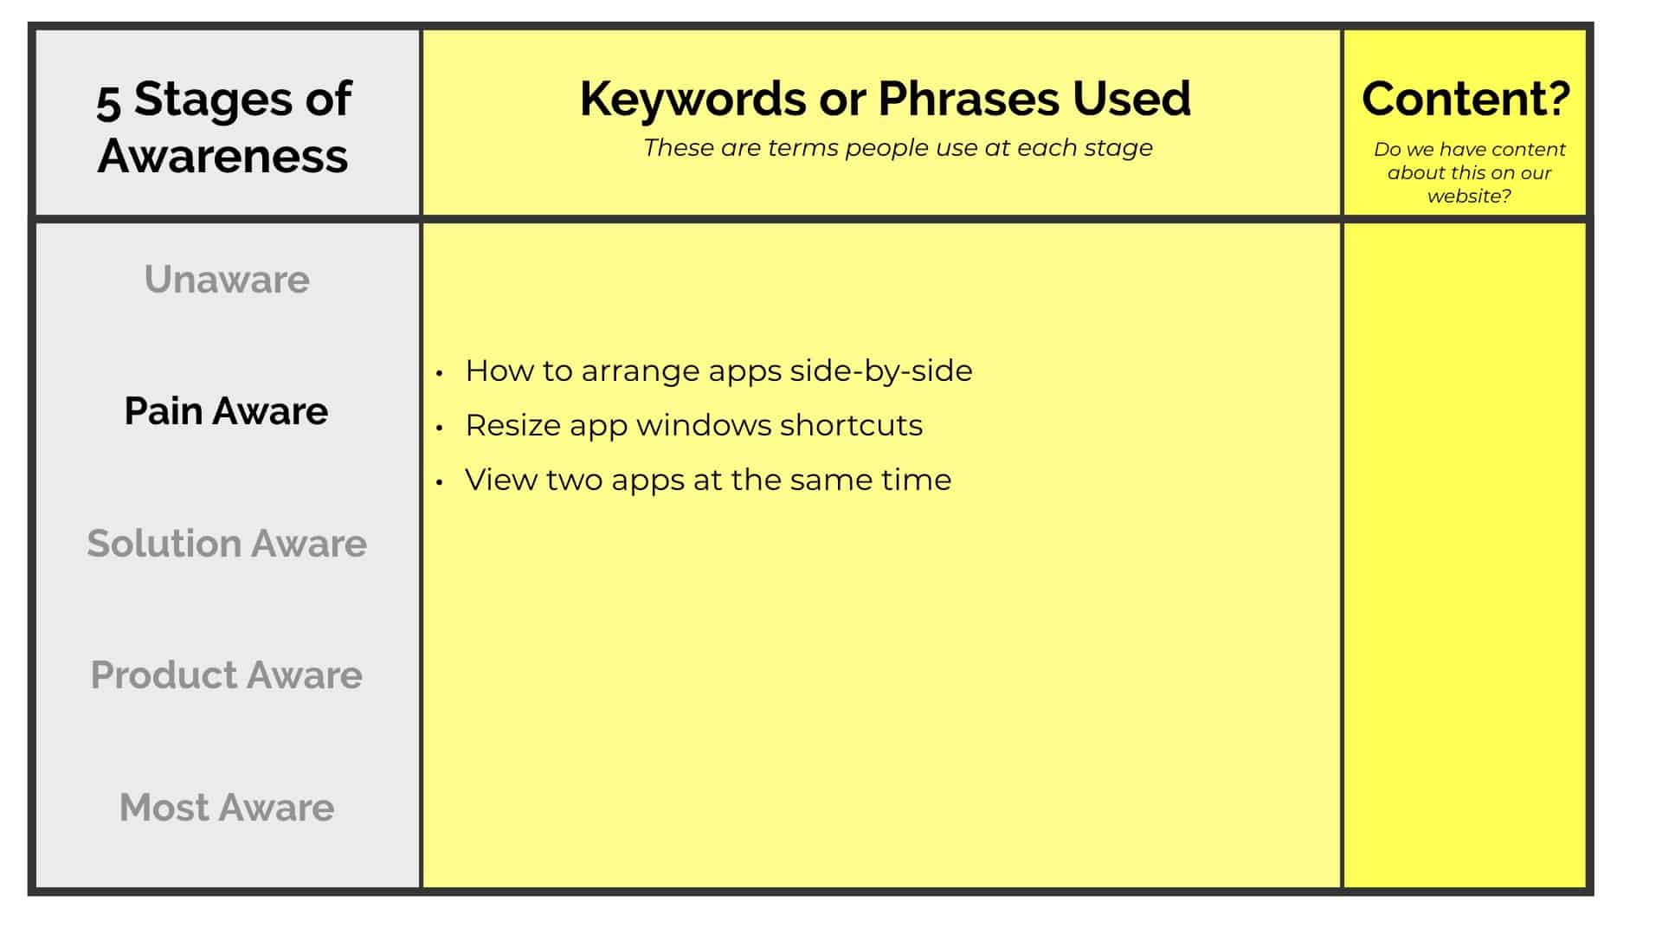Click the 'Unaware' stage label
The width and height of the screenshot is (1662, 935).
click(227, 280)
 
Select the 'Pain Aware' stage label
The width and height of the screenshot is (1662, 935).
click(227, 411)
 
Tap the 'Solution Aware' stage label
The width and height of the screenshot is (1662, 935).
click(227, 544)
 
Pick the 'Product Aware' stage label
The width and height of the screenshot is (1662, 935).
click(227, 675)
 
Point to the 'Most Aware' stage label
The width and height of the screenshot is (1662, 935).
click(227, 808)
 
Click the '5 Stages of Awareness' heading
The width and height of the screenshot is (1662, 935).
click(223, 126)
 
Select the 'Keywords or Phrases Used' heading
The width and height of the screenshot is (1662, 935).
click(885, 98)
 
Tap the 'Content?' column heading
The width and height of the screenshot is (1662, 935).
click(1466, 98)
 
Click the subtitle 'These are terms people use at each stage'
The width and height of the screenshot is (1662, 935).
click(898, 148)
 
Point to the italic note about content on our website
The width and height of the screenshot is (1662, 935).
click(1469, 172)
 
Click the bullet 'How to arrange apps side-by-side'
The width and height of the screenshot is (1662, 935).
click(718, 371)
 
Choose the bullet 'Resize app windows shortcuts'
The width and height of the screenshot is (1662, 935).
click(693, 426)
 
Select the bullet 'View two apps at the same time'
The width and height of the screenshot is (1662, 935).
click(708, 480)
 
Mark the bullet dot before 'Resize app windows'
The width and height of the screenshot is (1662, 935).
click(440, 428)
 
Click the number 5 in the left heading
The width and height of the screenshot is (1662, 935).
click(108, 101)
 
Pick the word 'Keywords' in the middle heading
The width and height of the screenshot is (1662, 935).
click(692, 98)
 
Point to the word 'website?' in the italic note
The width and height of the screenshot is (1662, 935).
click(1469, 197)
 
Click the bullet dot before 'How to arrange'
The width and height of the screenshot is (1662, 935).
click(440, 373)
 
